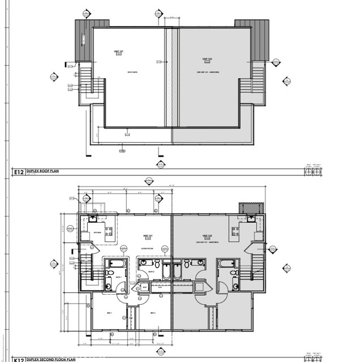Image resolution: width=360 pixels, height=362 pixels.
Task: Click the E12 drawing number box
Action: point(18,170)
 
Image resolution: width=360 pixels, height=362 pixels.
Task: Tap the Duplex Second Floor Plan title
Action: point(54,359)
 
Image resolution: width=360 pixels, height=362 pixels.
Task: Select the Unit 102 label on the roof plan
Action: point(207,59)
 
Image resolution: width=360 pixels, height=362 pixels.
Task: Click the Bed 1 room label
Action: point(110,313)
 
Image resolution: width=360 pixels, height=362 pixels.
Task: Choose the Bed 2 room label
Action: point(152,313)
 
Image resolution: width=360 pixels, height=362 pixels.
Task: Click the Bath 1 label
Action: point(119,277)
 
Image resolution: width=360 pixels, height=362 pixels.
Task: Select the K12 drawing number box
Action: point(18,359)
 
